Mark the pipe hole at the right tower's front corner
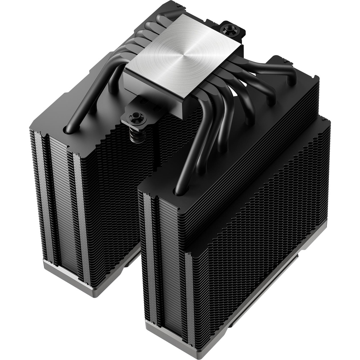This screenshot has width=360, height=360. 179,189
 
